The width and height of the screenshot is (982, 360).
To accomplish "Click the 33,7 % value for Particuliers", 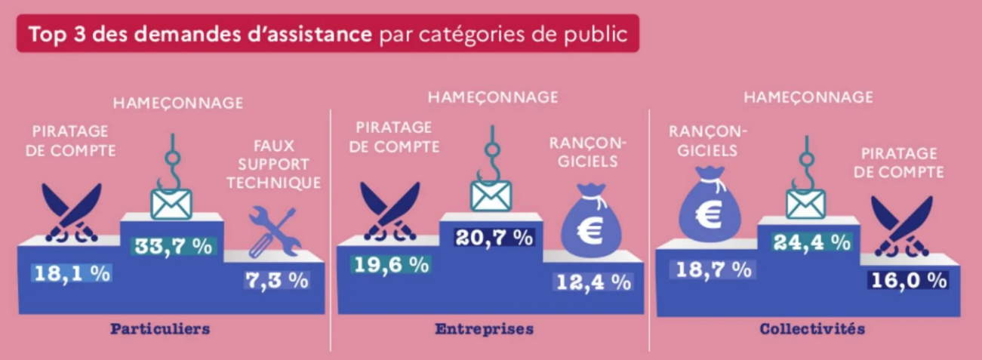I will click(172, 245).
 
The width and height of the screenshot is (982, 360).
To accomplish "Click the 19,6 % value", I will click(389, 264).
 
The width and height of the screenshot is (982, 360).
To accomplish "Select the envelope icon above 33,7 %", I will click(171, 202).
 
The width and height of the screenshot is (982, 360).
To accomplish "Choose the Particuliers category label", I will click(159, 329).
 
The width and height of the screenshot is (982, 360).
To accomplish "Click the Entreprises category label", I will click(484, 329).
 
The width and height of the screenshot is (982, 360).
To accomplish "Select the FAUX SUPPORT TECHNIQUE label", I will click(274, 164).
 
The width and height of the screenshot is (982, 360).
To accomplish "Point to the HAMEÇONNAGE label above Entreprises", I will click(493, 97).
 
